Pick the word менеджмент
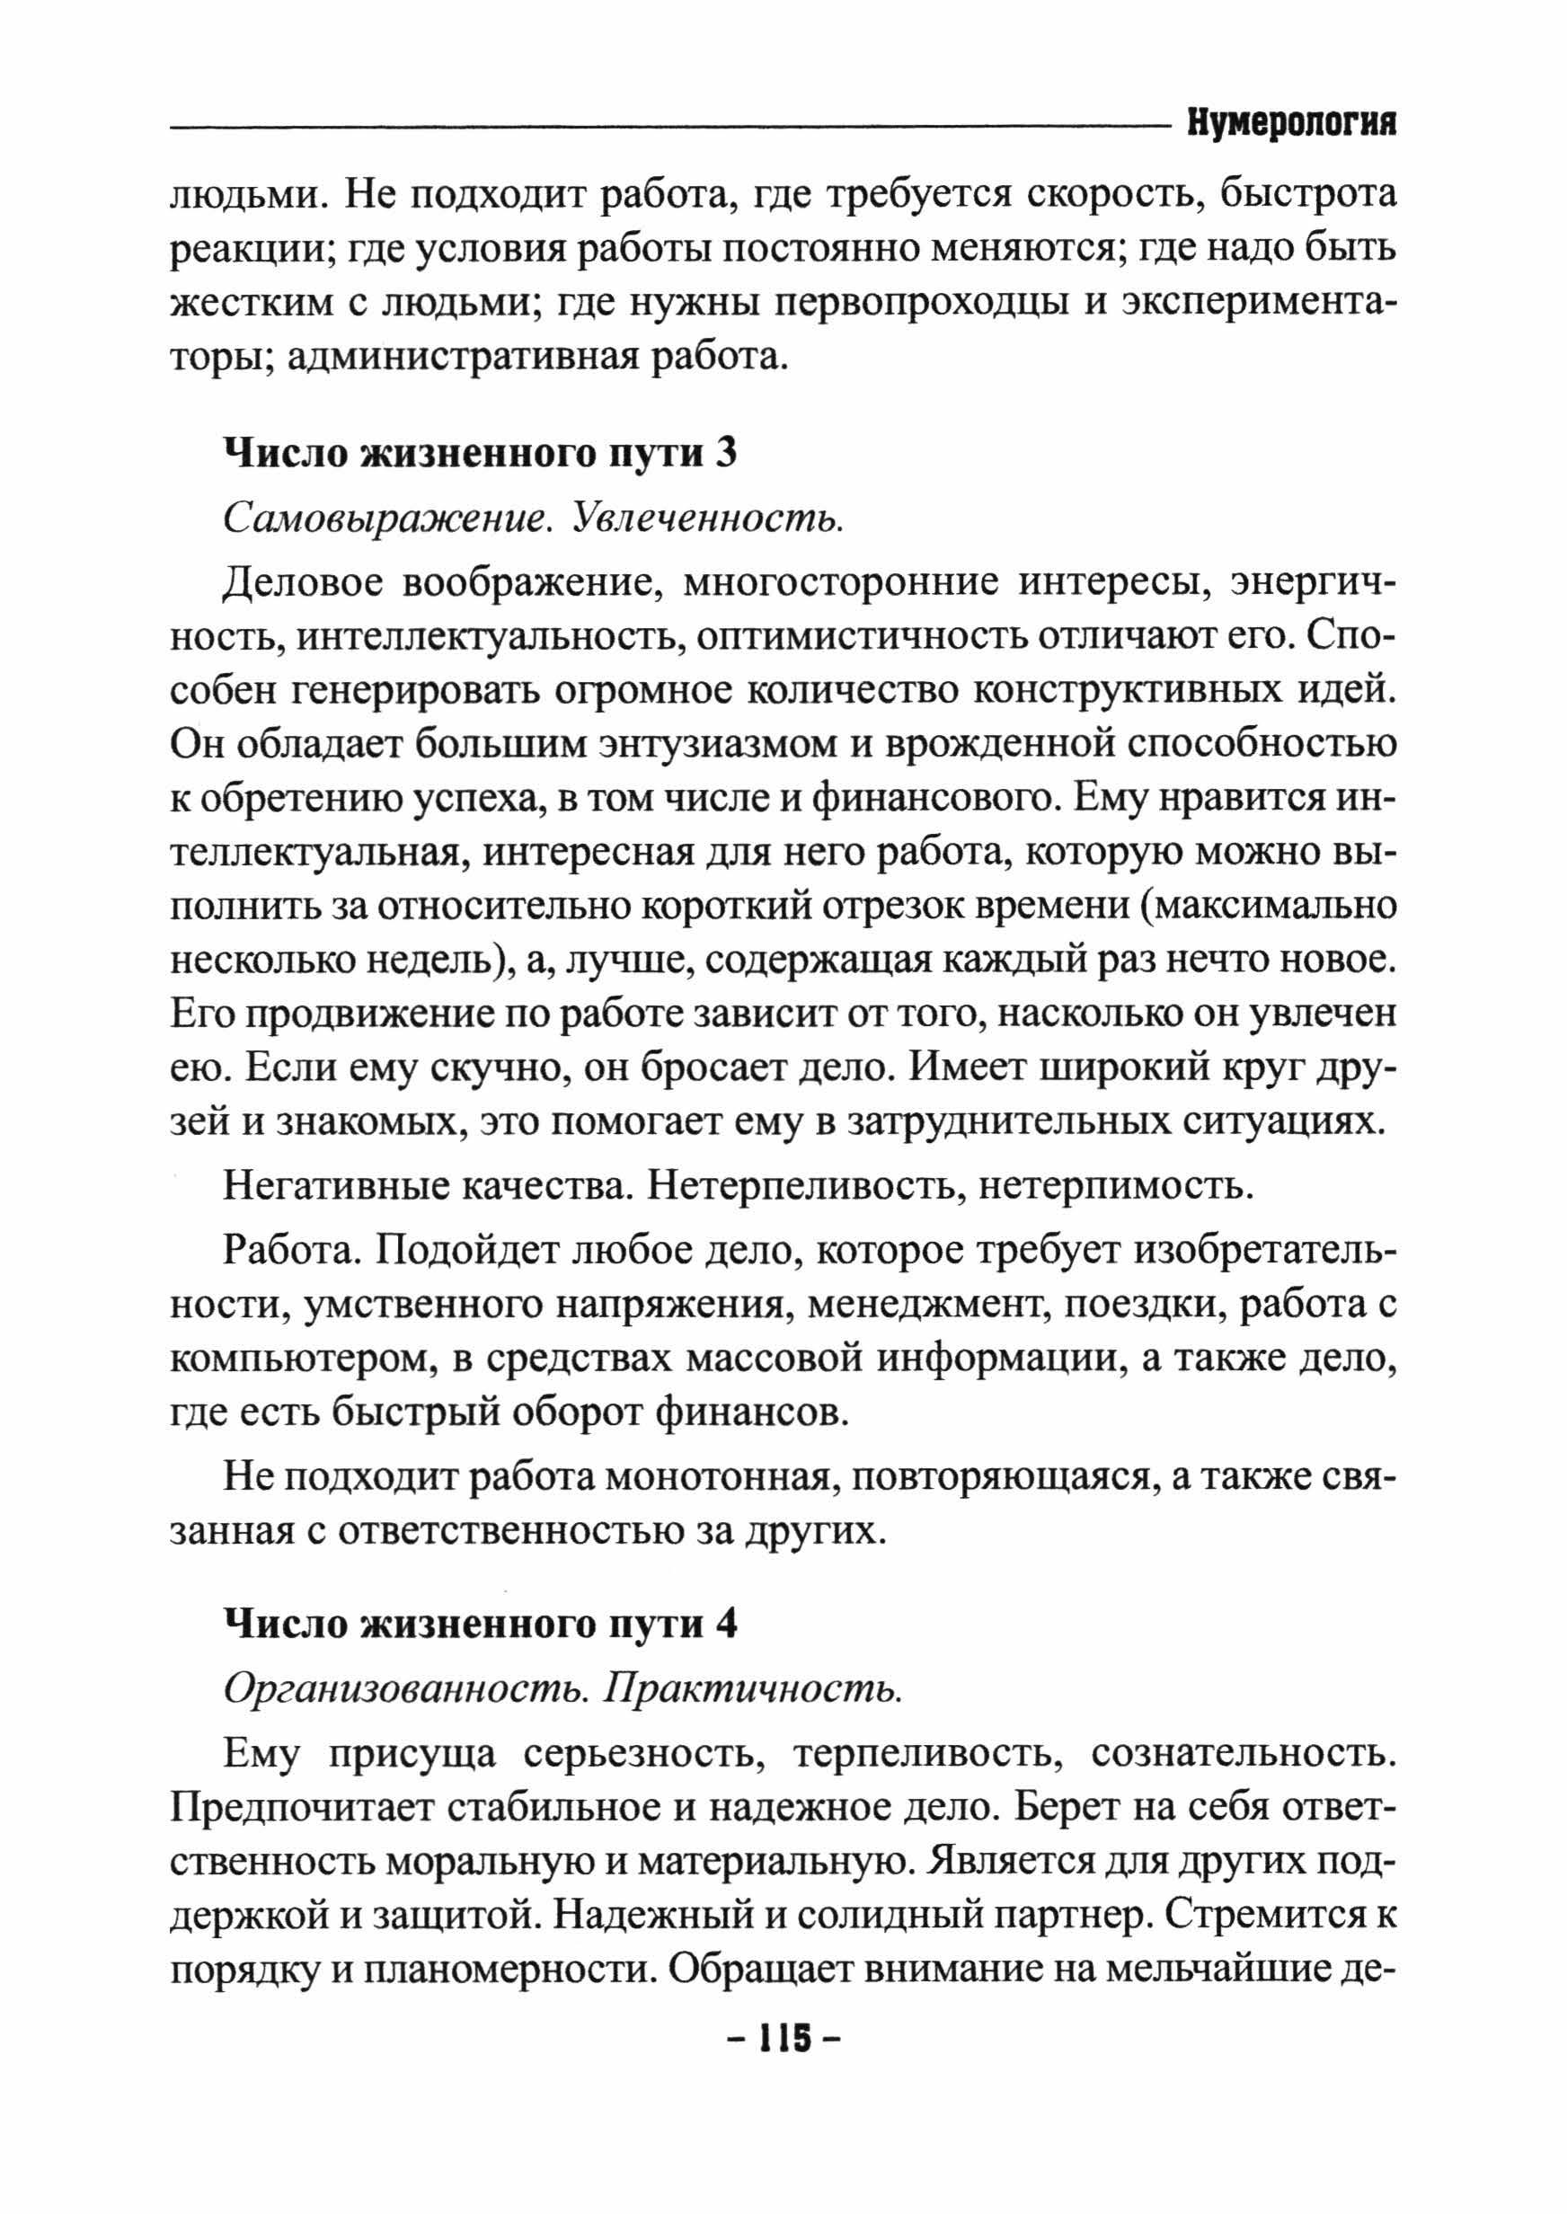[x=924, y=1306]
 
